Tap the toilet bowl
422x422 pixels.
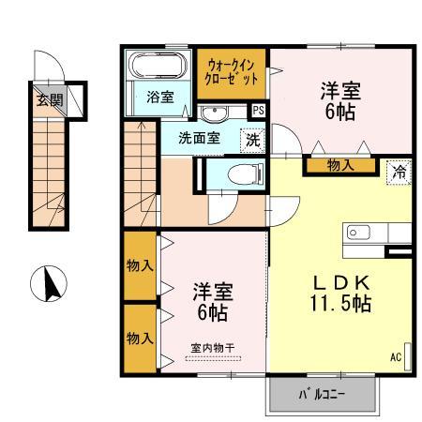coord(246,174)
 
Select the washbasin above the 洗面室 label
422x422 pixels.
coord(214,113)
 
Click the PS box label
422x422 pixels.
coord(259,111)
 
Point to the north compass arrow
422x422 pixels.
coord(51,284)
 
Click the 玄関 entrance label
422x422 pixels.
coord(50,100)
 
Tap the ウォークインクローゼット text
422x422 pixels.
coord(232,73)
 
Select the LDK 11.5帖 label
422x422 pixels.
coord(340,294)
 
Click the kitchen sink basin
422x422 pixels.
coord(358,233)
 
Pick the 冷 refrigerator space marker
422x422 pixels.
coord(399,172)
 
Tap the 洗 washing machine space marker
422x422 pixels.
coord(252,141)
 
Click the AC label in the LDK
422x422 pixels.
coord(396,357)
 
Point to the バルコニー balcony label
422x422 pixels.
coord(322,395)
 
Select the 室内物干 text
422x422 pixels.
coord(213,348)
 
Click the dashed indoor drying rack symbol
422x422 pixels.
coord(213,359)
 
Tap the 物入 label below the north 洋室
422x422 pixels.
coord(340,165)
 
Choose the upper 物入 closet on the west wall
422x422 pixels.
coord(140,266)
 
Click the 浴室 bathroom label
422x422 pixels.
coord(160,98)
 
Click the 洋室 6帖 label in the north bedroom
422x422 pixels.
coord(340,101)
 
